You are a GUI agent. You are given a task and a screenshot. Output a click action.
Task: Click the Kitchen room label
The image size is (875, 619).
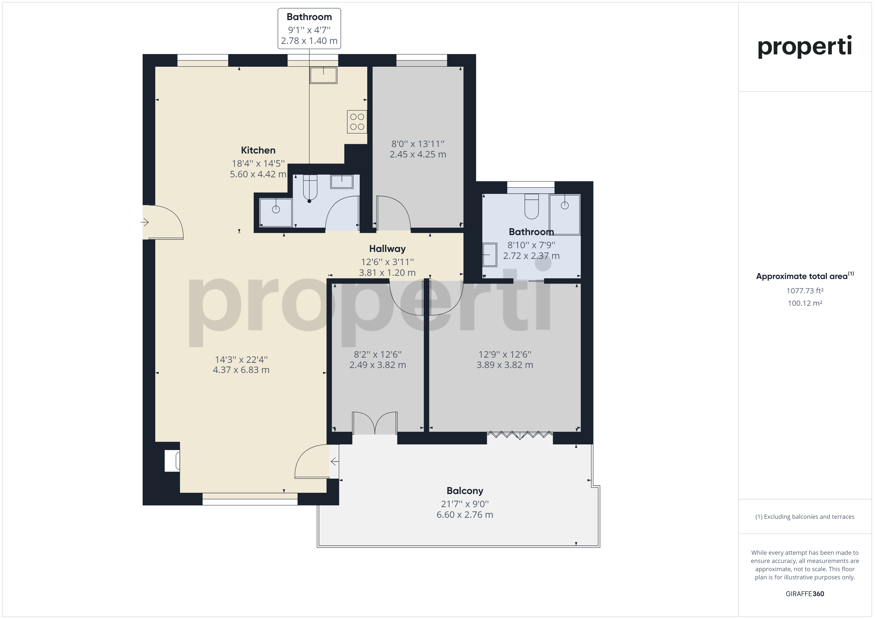tap(258, 150)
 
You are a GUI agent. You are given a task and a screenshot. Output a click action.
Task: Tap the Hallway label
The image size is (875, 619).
tap(387, 249)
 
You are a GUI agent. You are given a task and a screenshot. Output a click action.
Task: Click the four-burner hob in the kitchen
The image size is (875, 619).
tap(357, 122)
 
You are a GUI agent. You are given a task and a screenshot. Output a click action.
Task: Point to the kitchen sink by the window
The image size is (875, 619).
tap(323, 75)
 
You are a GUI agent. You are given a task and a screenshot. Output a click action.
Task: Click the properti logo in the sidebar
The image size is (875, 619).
tap(805, 47)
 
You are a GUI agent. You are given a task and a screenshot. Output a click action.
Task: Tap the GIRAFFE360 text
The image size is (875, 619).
tap(805, 593)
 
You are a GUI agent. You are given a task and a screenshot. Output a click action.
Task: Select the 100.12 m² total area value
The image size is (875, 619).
tap(805, 303)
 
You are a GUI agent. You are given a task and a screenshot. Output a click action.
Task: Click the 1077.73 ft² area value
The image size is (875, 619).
tap(805, 291)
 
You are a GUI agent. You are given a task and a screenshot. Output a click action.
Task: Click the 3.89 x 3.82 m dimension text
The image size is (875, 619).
tap(504, 365)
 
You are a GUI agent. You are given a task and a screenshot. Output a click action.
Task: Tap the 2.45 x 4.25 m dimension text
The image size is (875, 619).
tap(418, 154)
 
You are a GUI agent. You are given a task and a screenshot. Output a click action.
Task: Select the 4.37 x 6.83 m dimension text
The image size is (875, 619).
tap(241, 370)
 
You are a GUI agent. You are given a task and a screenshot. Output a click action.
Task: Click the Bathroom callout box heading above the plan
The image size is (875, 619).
tap(309, 17)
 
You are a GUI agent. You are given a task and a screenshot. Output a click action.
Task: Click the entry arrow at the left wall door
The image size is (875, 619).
tap(144, 222)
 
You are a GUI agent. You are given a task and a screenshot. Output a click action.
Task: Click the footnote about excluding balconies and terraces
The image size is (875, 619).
tap(805, 517)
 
